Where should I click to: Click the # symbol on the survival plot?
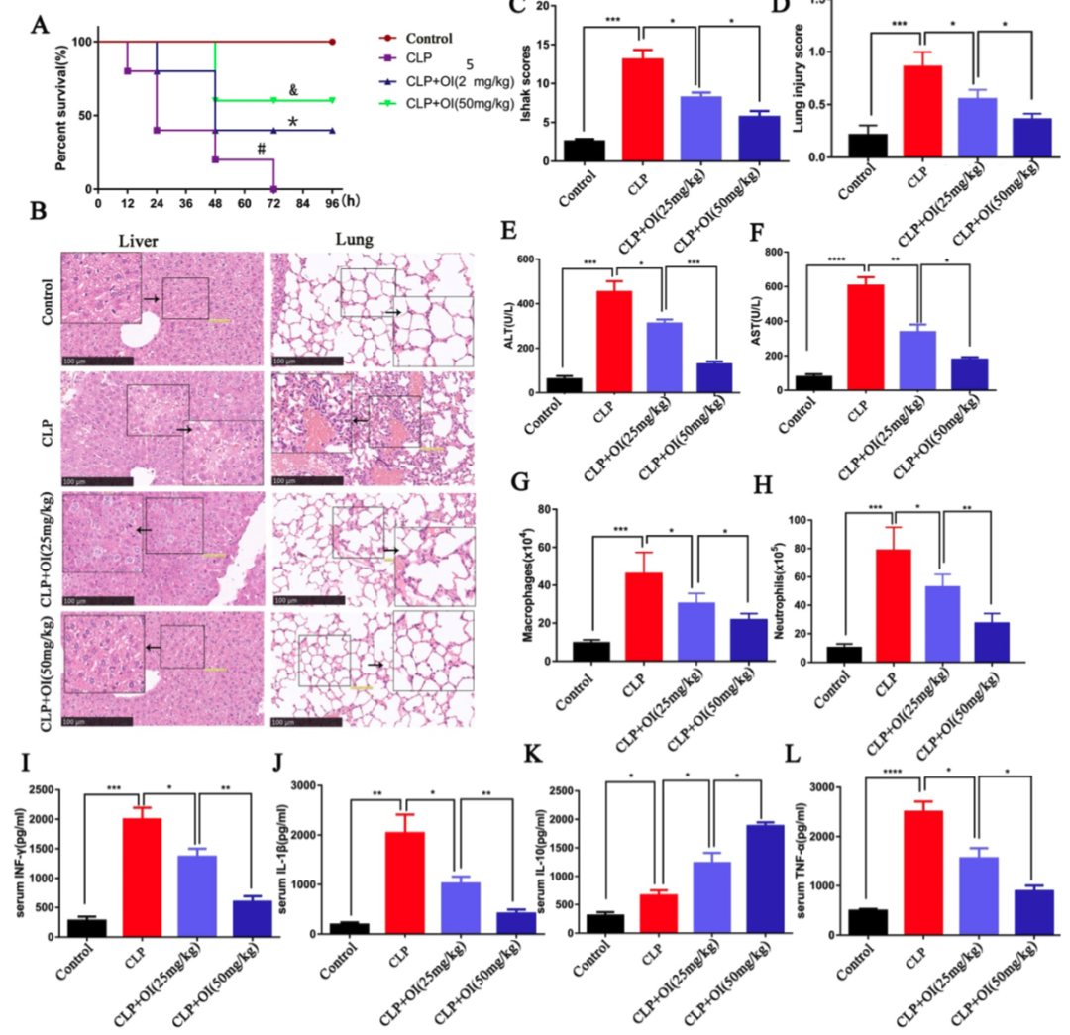click(263, 149)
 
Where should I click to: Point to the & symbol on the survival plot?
click(293, 90)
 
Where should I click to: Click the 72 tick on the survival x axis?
click(272, 203)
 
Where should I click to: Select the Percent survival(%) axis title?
click(61, 102)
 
